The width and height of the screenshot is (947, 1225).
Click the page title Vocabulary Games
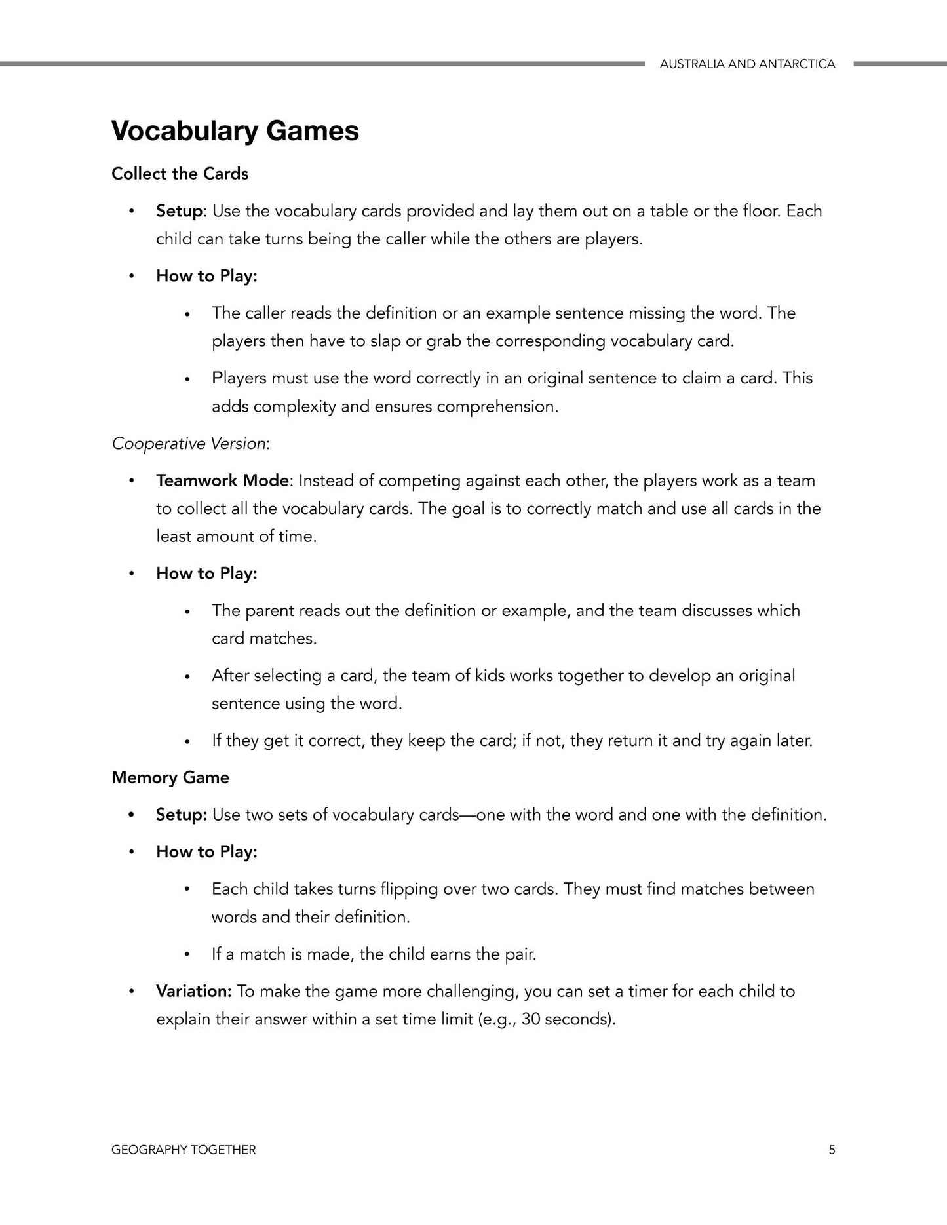pyautogui.click(x=235, y=131)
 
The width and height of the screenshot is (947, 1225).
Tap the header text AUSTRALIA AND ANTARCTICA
pyautogui.click(x=747, y=64)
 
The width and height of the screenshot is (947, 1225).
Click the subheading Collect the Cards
pyautogui.click(x=180, y=174)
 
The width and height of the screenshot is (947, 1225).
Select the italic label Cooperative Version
pyautogui.click(x=189, y=444)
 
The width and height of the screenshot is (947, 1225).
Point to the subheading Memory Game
pyautogui.click(x=170, y=778)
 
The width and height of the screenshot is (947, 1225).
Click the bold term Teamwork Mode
pyautogui.click(x=222, y=481)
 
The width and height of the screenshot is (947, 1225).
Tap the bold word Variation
pyautogui.click(x=193, y=991)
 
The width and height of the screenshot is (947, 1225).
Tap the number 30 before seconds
pyautogui.click(x=531, y=1020)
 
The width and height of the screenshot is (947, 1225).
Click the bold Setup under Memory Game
pyautogui.click(x=181, y=815)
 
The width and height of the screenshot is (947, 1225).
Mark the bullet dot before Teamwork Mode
pyautogui.click(x=132, y=481)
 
